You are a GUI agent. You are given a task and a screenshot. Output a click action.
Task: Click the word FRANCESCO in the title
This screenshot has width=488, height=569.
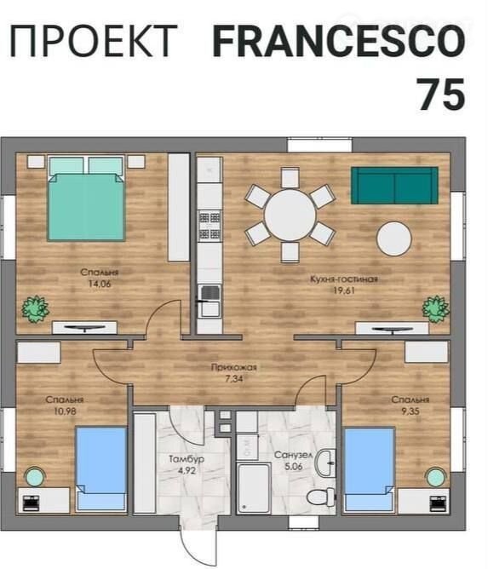click(x=339, y=41)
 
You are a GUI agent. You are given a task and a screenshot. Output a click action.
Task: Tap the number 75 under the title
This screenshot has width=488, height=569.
click(x=441, y=95)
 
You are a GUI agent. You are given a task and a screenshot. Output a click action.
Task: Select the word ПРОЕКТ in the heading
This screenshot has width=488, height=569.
click(x=93, y=41)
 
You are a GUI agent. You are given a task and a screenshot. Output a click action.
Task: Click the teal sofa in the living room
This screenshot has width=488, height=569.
click(x=394, y=186)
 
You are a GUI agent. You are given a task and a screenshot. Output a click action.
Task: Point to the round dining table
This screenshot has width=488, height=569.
click(x=290, y=215)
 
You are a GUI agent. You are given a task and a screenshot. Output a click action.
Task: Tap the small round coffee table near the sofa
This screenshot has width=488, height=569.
click(x=394, y=239)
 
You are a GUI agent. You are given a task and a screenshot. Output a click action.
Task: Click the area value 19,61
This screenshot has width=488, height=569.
click(x=344, y=290)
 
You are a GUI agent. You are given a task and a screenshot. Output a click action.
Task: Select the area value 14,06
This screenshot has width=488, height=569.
click(x=100, y=284)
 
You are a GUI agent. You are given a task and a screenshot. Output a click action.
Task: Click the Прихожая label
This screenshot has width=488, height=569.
click(x=234, y=367)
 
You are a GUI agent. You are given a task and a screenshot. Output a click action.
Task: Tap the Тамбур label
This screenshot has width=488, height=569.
click(x=187, y=459)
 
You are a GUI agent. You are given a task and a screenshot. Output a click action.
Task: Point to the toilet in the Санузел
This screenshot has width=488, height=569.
click(x=321, y=497)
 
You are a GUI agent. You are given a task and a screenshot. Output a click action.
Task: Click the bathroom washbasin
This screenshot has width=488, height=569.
click(x=325, y=463)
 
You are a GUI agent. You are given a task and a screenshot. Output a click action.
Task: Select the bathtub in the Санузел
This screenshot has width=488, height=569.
click(x=254, y=488)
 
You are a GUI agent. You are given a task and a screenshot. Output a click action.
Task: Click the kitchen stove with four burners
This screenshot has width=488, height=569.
click(x=210, y=226)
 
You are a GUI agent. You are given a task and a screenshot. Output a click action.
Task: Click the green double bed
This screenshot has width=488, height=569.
click(x=86, y=198)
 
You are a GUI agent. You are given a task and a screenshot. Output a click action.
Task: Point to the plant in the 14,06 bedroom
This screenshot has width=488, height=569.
click(x=35, y=309)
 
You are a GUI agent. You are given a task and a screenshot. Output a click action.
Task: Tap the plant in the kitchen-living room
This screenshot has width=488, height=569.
click(x=436, y=309)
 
